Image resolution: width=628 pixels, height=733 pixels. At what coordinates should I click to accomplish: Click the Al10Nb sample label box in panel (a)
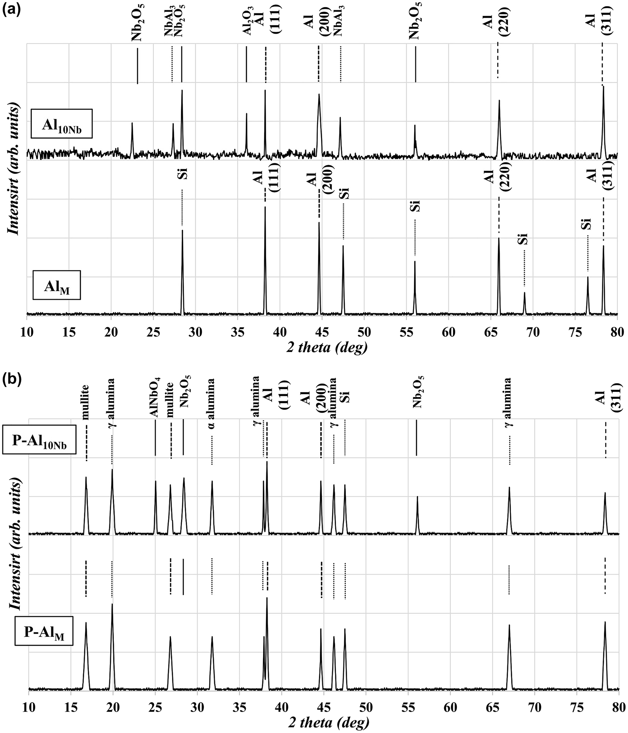(62, 124)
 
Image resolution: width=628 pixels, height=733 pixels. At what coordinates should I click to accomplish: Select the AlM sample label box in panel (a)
(57, 285)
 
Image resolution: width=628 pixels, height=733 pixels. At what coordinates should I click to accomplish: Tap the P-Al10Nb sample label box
(39, 440)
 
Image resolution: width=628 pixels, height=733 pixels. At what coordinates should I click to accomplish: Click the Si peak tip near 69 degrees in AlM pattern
(524, 293)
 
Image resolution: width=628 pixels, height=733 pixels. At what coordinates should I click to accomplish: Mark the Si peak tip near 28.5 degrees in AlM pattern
(182, 231)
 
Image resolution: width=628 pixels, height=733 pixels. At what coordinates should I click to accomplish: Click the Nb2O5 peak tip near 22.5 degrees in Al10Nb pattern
(132, 123)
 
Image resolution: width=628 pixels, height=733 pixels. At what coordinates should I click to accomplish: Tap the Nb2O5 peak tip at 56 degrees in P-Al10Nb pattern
(417, 497)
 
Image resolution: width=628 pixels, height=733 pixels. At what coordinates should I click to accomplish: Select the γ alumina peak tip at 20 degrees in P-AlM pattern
(112, 604)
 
